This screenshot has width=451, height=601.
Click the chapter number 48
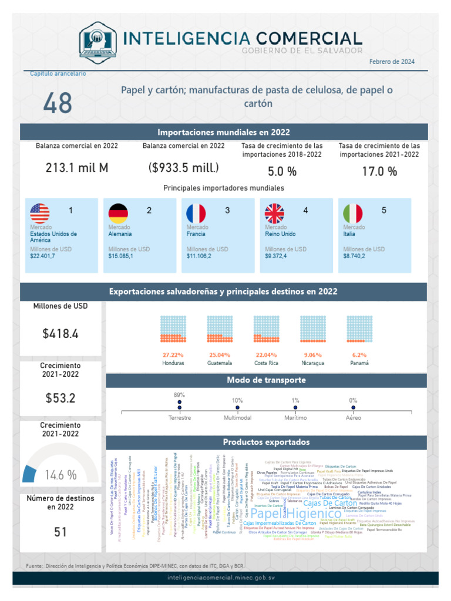pos(58,103)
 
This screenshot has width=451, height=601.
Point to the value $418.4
pos(60,334)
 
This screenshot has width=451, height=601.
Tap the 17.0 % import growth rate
pos(379,171)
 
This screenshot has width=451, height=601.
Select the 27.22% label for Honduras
pos(173,355)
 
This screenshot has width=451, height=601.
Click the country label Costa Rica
pos(266,363)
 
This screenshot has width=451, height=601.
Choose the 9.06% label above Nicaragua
pos(313,355)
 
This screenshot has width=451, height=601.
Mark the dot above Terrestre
pos(180,407)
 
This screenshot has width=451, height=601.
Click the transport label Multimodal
pos(237,418)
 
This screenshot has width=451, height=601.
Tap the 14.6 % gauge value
pos(61,475)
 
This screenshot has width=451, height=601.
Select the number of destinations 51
pos(60,532)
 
